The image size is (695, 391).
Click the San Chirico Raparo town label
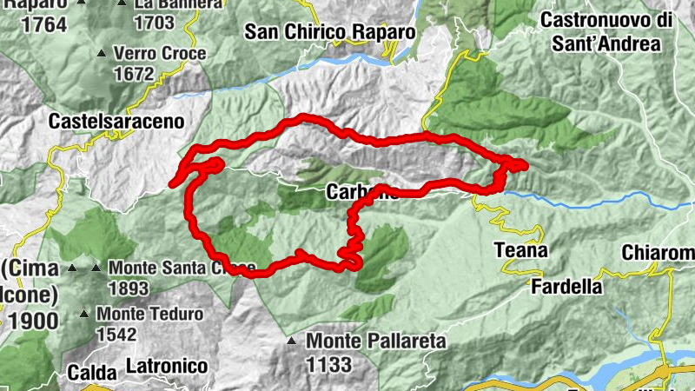pyautogui.click(x=330, y=32)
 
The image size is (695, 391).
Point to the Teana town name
pyautogui.click(x=520, y=251)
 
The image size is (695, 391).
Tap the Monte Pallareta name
pyautogui.click(x=376, y=341)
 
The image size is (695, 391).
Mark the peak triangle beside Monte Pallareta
pyautogui.click(x=294, y=341)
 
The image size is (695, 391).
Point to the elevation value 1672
pyautogui.click(x=134, y=75)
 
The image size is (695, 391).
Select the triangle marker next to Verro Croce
pyautogui.click(x=102, y=54)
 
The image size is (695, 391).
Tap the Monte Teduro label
pyautogui.click(x=149, y=314)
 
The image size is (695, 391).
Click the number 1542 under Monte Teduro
pyautogui.click(x=116, y=334)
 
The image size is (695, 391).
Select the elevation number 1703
pyautogui.click(x=156, y=23)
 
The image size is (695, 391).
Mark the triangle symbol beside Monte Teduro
pyautogui.click(x=84, y=314)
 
